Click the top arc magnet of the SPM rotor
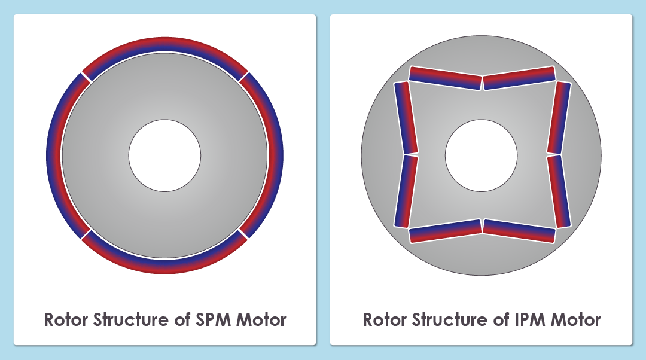tap(164, 45)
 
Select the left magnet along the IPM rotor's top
tap(446, 77)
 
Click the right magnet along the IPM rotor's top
tap(519, 77)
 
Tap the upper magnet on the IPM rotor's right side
tap(559, 118)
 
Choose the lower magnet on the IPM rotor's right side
tap(559, 191)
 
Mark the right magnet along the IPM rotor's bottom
tap(519, 231)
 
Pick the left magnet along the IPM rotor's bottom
tap(446, 231)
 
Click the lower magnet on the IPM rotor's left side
tap(405, 191)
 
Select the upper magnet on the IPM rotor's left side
tap(405, 118)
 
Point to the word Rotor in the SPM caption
tap(66, 319)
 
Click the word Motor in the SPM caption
tap(261, 319)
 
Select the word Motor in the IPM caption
tap(575, 319)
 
